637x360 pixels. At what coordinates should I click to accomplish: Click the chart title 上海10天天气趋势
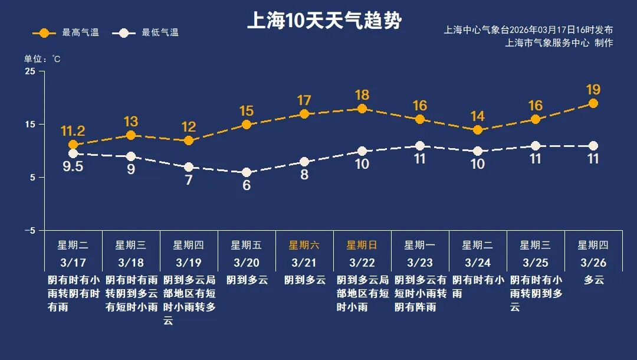(324, 21)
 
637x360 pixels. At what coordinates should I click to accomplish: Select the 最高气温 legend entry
(66, 32)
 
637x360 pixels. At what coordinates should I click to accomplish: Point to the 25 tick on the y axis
(30, 71)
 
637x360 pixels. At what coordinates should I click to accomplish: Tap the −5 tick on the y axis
(29, 231)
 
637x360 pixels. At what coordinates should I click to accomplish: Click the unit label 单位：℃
(42, 59)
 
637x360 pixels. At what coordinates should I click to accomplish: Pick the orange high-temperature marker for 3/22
(362, 109)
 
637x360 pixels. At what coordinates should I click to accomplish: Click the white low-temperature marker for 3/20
(247, 172)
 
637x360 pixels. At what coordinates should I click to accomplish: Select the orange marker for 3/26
(593, 103)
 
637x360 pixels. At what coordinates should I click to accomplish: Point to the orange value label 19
(593, 90)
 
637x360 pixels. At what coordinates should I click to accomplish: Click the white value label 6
(247, 186)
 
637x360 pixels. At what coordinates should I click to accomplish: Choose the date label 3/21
(304, 262)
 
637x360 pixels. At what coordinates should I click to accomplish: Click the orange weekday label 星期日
(362, 245)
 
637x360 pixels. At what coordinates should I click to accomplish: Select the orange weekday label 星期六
(304, 245)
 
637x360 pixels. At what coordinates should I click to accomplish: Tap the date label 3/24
(478, 262)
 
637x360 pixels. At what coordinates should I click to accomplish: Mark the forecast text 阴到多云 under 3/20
(247, 280)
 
